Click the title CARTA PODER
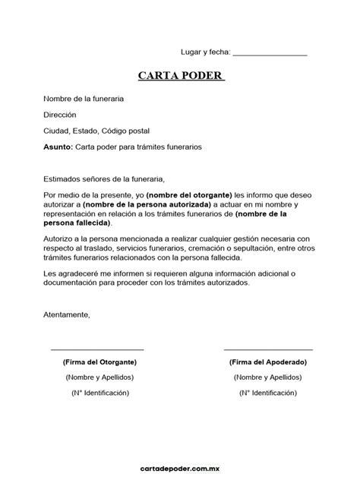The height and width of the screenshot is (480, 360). (182, 77)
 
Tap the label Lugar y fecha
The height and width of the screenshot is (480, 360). (204, 52)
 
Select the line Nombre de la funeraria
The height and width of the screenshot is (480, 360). (84, 99)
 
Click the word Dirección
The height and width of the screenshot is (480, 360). (60, 115)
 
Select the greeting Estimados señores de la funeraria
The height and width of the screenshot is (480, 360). (104, 178)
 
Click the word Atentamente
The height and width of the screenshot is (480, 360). (67, 314)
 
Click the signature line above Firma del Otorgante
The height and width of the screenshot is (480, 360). (97, 349)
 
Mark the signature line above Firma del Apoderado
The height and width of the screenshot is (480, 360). (268, 349)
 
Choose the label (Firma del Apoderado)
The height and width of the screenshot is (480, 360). (268, 362)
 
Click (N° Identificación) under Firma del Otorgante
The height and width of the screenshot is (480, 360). (100, 393)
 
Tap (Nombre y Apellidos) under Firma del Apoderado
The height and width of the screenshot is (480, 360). (268, 377)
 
